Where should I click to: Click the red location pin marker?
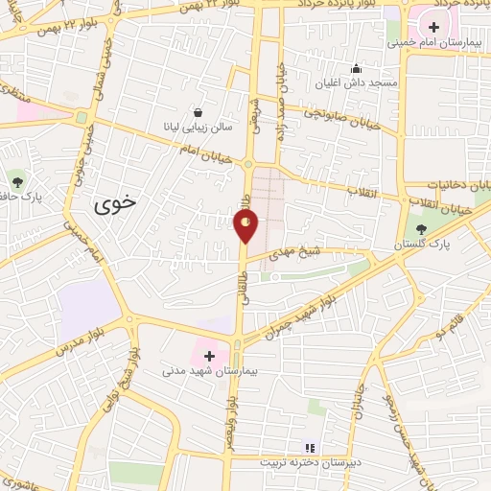coord(246,225)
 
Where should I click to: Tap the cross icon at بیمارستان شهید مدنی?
coord(209,356)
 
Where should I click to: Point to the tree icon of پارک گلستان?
coord(422,228)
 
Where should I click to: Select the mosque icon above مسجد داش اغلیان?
coord(357,68)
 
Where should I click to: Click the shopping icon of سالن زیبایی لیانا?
coord(198,112)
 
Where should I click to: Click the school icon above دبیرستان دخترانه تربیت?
coord(309,447)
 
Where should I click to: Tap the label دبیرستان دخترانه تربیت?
coord(309,462)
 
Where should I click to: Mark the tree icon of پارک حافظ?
coord(16,179)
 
